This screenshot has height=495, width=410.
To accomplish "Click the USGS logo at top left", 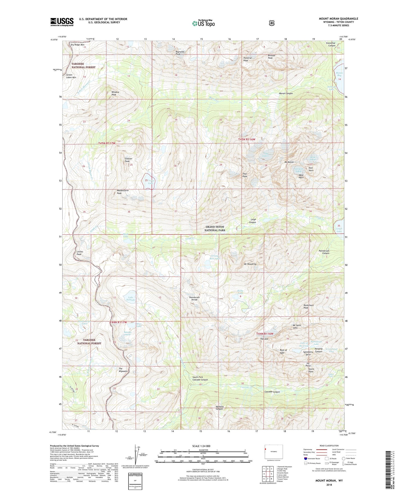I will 62,22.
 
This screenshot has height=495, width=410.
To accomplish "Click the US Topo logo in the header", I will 203,23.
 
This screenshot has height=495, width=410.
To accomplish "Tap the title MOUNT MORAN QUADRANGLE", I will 338,19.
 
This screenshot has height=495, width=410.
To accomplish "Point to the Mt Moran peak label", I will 289,162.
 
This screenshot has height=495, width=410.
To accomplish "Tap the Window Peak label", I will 115,93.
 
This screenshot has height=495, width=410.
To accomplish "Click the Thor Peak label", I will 245,175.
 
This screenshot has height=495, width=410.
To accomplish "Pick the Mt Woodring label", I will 250,264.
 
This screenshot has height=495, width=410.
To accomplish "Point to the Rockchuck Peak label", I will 308,306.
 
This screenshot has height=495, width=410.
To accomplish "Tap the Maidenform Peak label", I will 122,192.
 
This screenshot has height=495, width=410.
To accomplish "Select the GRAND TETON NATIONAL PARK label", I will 215,229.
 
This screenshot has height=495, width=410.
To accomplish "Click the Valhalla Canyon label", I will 219,408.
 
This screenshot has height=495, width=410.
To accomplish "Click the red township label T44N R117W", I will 118,322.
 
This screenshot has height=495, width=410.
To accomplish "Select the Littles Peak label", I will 80,253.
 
